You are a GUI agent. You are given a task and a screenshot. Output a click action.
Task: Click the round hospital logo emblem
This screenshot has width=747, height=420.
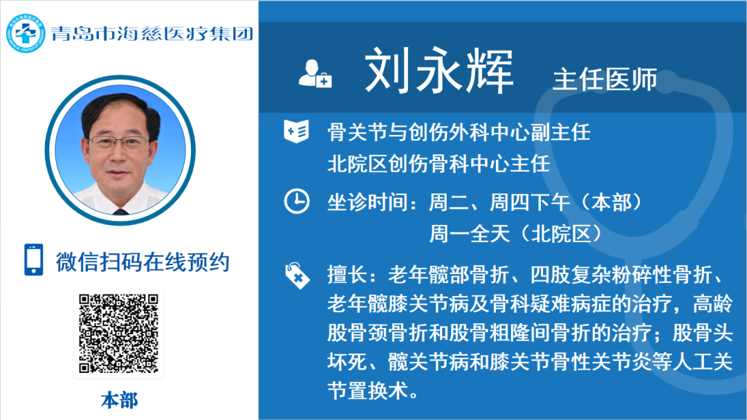coord(26,33)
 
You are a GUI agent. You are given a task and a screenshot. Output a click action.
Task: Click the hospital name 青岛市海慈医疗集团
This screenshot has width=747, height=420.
coord(152,33)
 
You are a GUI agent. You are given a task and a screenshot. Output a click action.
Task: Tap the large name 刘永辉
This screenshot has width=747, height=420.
coord(439,71)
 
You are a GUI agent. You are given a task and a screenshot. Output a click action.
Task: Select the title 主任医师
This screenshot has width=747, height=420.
coord(605,79)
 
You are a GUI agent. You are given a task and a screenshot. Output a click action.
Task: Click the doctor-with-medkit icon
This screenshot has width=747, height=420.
coord(315,74)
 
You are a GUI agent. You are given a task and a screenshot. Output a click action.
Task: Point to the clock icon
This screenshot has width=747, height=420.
coord(296,201)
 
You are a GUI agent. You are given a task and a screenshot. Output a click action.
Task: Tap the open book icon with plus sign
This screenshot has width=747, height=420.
coord(296,131)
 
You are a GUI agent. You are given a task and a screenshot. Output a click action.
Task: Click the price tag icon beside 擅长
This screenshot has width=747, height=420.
coord(297,275)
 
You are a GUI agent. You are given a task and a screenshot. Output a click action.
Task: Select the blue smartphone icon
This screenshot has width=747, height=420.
coord(33,259)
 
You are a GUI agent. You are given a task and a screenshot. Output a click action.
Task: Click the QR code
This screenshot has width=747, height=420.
coord(119,334)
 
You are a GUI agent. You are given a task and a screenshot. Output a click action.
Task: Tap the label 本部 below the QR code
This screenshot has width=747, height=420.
coord(119,401)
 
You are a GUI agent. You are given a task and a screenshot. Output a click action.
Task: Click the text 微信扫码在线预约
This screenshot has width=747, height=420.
coord(143,262)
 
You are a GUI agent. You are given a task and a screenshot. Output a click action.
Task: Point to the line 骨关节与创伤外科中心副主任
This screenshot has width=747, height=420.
coord(459,132)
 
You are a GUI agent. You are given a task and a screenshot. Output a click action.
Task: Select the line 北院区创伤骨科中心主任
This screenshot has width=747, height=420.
coord(439,164)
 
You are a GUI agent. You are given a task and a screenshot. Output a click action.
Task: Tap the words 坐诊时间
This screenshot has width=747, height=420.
coord(367,203)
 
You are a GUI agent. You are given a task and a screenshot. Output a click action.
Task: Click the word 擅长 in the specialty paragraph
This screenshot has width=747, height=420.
coord(347,275)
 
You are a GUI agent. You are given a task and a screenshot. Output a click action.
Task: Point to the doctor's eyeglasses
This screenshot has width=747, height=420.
coord(119,142)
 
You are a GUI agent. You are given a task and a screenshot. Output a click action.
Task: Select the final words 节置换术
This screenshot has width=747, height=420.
coord(367,391)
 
